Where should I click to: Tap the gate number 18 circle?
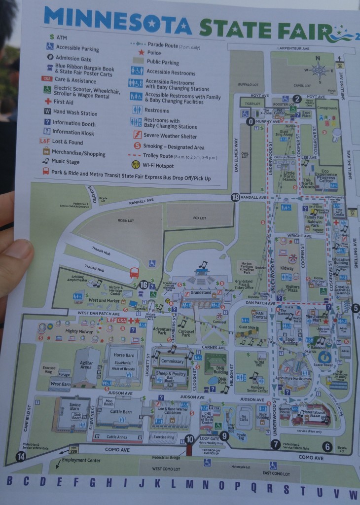coord(235,197)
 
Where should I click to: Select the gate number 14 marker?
coord(21,456)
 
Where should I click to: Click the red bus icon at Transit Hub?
coord(134,273)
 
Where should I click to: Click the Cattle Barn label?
coord(120,412)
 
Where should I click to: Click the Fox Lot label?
coord(199,217)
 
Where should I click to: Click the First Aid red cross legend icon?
coord(48,101)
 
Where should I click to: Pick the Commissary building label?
coord(173,361)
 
